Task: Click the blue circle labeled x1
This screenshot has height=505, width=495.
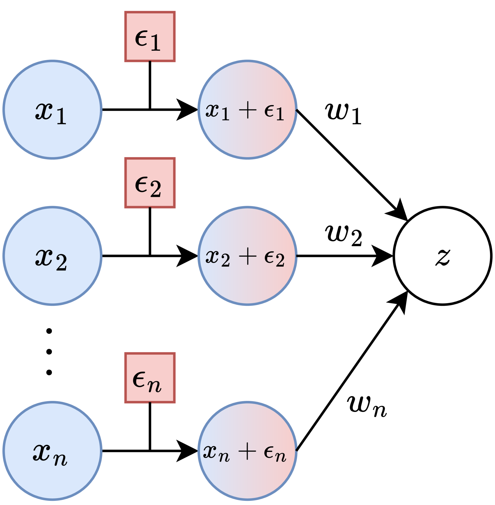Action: [52, 110]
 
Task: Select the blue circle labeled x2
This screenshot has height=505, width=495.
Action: [52, 256]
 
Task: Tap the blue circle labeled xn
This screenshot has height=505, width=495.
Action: [52, 451]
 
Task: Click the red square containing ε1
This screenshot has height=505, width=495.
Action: [150, 37]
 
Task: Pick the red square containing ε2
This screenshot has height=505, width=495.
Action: [150, 183]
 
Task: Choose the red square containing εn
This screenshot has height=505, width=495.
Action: [150, 378]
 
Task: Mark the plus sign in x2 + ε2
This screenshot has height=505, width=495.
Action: [247, 257]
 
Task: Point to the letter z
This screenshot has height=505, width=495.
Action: [443, 256]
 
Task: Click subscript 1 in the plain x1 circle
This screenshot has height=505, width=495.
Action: [61, 116]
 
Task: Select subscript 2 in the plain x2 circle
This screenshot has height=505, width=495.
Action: [61, 263]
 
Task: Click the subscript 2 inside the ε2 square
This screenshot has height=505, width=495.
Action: [155, 189]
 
